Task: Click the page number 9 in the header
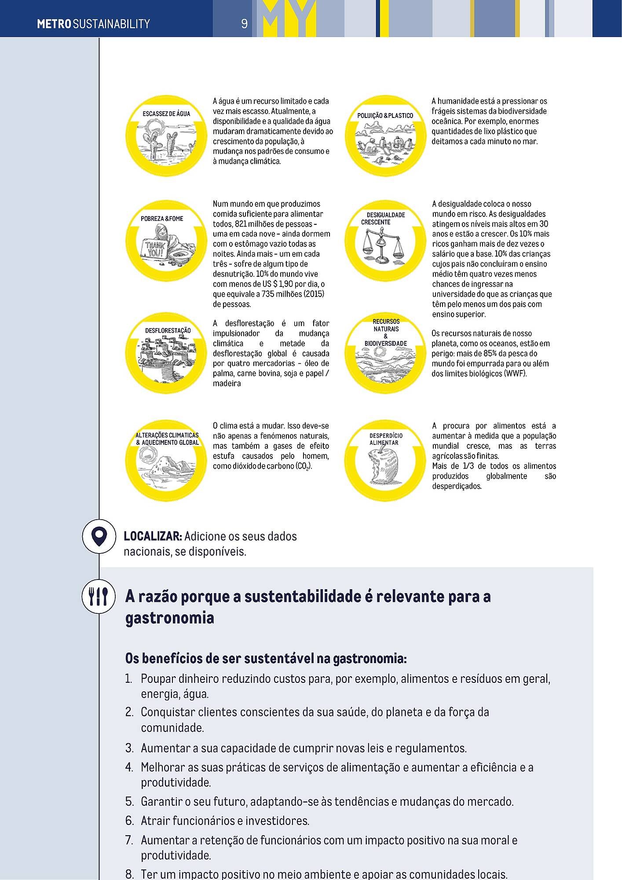click(x=244, y=23)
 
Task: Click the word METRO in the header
click(x=54, y=24)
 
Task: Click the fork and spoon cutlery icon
click(x=99, y=597)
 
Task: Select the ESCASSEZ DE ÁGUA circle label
click(x=166, y=114)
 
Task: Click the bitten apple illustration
click(x=384, y=466)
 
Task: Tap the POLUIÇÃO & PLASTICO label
click(x=385, y=115)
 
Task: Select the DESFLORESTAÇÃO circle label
click(x=168, y=330)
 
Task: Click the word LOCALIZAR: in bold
click(x=153, y=536)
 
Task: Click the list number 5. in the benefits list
click(x=129, y=802)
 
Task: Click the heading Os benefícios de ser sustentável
click(x=266, y=659)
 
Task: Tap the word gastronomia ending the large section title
click(x=169, y=618)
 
